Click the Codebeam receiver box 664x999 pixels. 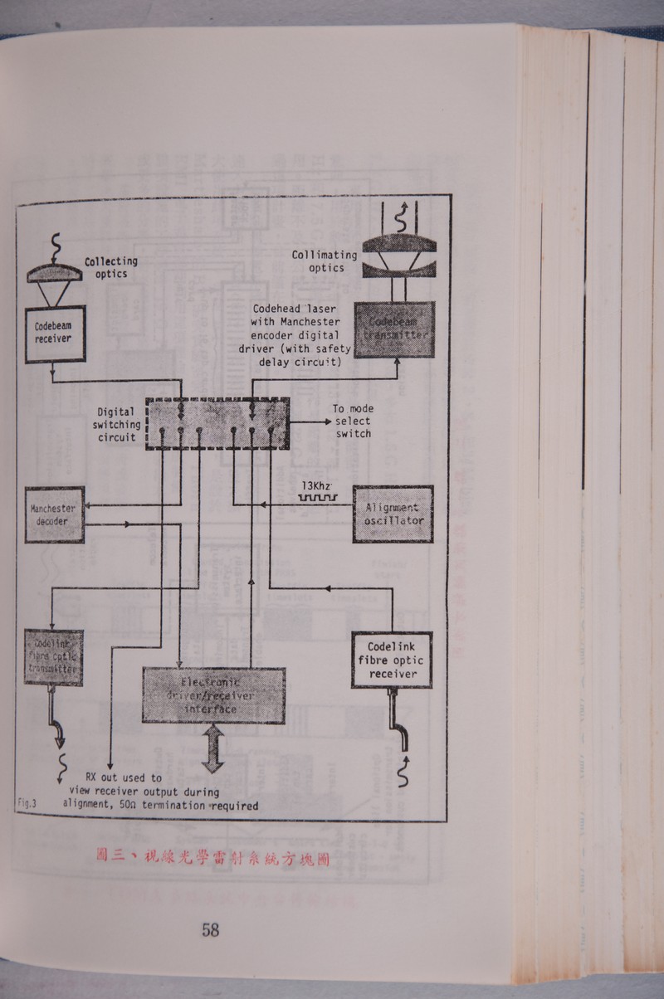pos(54,334)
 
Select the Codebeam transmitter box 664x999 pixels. pos(396,328)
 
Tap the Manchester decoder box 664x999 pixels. pos(54,515)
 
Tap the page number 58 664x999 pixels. pos(210,930)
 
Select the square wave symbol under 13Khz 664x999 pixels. pos(317,499)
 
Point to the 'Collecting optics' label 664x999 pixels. pos(110,267)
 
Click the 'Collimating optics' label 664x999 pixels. pos(325,261)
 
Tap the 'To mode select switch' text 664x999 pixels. pos(353,421)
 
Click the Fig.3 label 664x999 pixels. pos(27,802)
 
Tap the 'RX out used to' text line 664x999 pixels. pos(124,777)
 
